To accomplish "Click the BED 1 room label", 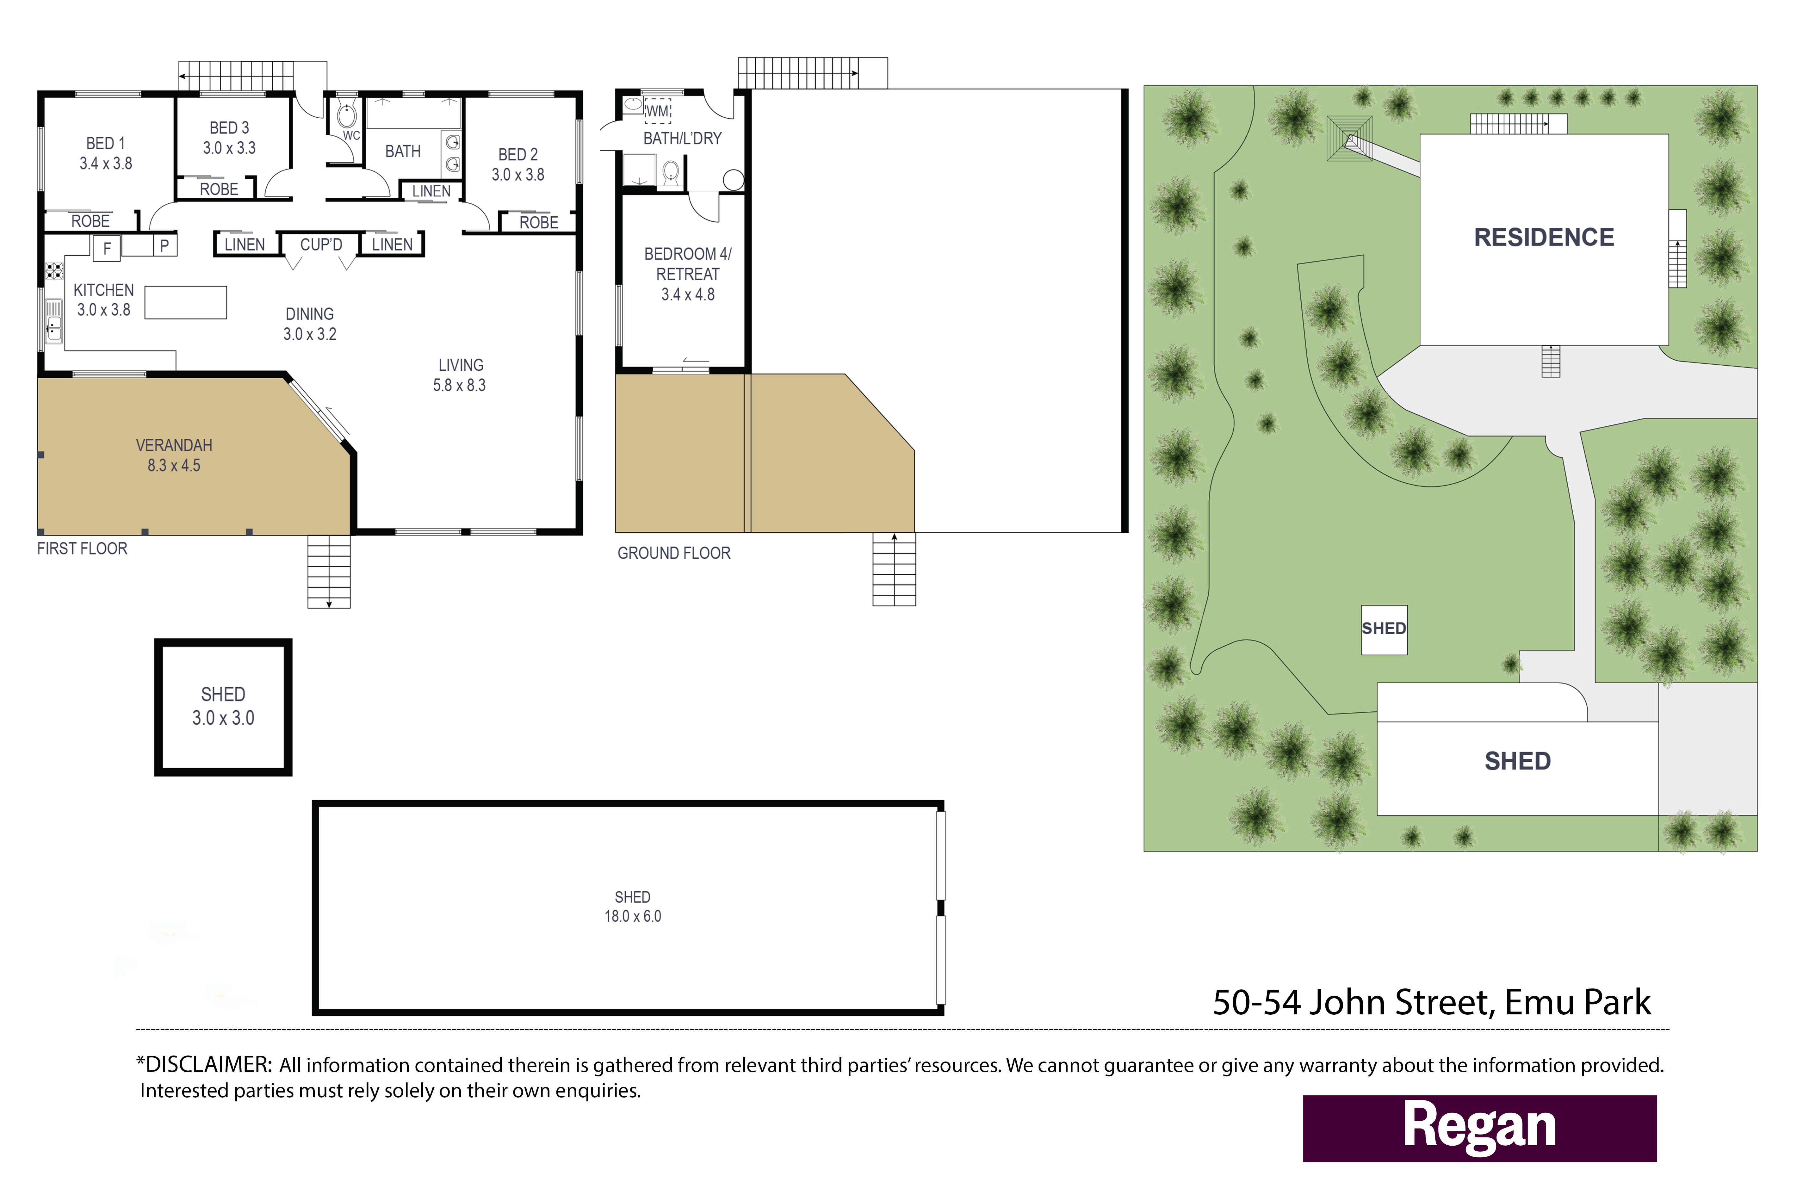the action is tap(106, 143).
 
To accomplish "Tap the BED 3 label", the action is tap(229, 128).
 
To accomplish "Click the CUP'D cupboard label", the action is tap(321, 244).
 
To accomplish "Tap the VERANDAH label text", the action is tap(174, 445).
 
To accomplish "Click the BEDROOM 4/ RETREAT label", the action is tap(688, 263).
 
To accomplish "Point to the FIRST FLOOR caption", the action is tap(82, 548).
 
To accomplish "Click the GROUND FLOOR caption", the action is tap(674, 553).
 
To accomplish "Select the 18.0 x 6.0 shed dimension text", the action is tap(633, 916).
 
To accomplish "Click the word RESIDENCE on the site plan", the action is tap(1544, 238).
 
